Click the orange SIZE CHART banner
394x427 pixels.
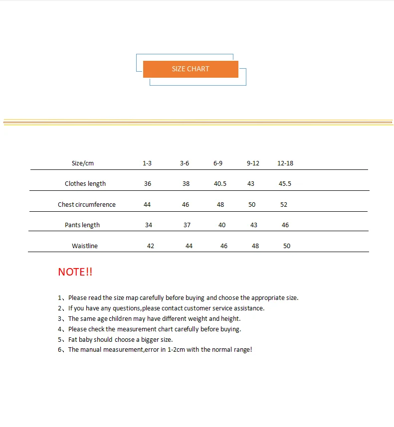click(191, 69)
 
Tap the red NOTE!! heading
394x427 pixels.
click(75, 272)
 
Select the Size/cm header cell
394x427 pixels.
click(83, 163)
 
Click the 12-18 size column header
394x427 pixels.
click(285, 163)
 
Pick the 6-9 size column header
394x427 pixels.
click(218, 163)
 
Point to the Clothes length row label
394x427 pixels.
click(85, 184)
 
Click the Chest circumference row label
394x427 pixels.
click(87, 205)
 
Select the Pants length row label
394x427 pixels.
click(82, 225)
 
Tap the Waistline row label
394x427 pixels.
click(85, 246)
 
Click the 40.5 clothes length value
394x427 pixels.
click(220, 184)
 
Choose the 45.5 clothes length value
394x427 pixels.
click(285, 184)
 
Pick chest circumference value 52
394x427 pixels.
click(284, 205)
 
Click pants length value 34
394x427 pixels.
click(149, 225)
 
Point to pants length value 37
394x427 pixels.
click(187, 225)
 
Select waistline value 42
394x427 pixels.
click(151, 246)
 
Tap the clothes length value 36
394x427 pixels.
click(148, 184)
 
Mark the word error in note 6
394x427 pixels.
click(152, 350)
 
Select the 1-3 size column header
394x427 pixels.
click(147, 163)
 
